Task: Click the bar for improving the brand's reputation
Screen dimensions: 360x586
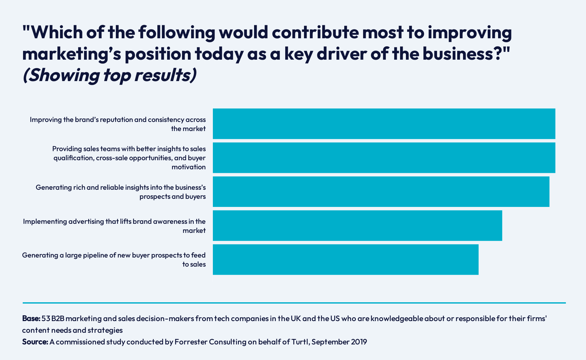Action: tap(384, 124)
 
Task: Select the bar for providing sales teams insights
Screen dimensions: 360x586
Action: tap(384, 158)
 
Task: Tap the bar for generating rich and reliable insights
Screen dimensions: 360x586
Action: tap(381, 192)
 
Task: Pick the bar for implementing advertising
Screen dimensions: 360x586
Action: tap(357, 225)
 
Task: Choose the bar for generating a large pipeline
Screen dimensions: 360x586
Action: tap(346, 259)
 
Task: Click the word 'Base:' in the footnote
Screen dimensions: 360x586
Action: tap(31, 318)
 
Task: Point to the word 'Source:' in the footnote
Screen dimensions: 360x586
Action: tap(35, 342)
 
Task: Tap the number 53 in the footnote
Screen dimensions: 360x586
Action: tap(46, 318)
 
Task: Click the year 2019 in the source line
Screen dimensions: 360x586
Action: tap(359, 342)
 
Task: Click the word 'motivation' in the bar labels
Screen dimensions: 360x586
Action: tap(189, 167)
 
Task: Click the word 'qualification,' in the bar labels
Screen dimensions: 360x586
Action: tap(74, 158)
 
